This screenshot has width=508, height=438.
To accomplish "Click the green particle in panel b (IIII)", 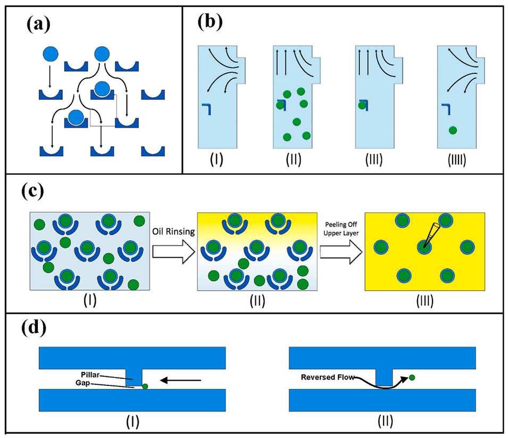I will pyautogui.click(x=452, y=130).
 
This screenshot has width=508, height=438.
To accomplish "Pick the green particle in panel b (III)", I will pyautogui.click(x=362, y=105).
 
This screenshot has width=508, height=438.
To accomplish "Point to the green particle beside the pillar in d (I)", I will pyautogui.click(x=145, y=386).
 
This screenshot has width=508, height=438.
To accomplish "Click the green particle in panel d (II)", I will pyautogui.click(x=412, y=377).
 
